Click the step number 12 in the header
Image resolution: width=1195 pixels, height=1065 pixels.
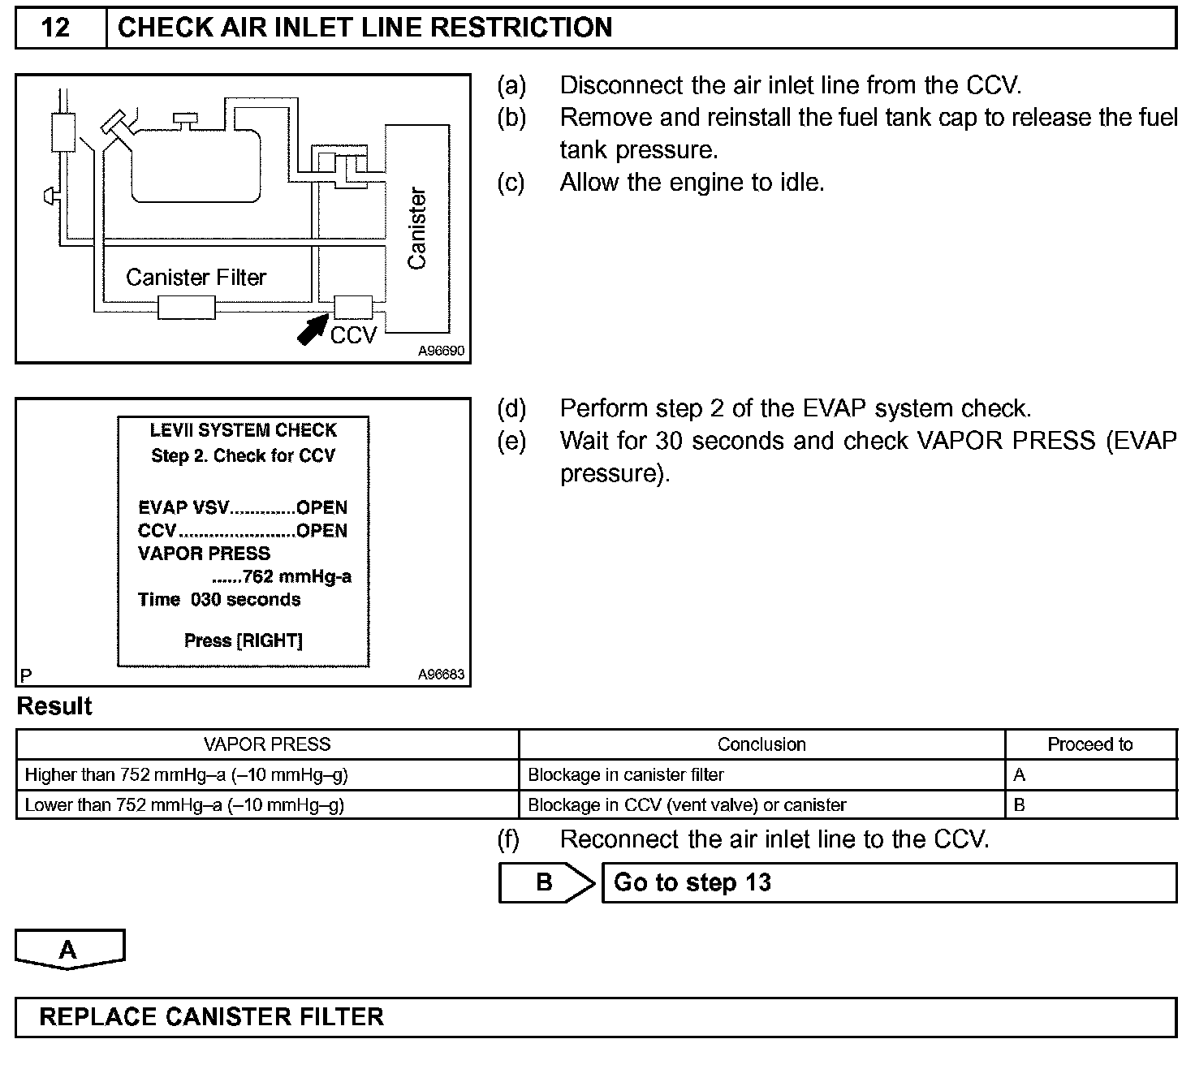pos(55,28)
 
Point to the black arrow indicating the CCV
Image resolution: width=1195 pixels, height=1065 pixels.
pos(313,330)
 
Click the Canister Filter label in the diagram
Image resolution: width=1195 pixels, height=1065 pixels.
pos(196,278)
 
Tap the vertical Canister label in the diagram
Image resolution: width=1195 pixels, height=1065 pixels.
pos(417,229)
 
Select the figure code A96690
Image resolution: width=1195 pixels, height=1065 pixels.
pos(442,351)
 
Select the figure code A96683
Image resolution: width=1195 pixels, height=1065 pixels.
pos(442,674)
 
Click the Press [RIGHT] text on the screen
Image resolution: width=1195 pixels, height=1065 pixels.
pos(243,640)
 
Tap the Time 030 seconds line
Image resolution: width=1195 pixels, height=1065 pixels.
pos(219,599)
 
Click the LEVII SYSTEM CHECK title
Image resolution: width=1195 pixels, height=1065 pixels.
pos(243,430)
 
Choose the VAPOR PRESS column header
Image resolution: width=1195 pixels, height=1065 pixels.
pos(267,744)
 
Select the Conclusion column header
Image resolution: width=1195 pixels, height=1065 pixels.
pos(761,744)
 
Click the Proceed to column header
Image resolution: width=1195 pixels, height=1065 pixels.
pos(1089,744)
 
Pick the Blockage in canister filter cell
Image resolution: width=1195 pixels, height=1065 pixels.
pos(625,775)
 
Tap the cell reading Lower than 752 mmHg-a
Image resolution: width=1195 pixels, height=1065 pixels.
pos(185,805)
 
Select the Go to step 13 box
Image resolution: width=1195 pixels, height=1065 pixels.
pos(888,882)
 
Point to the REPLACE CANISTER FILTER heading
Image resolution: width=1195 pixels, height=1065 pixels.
pos(211,1017)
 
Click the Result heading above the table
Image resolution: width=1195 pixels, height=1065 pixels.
pos(54,706)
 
